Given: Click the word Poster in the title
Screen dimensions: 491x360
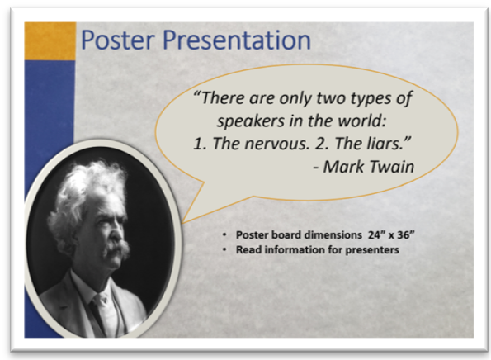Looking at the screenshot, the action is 118,40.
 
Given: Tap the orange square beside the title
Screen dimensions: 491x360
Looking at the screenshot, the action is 50,41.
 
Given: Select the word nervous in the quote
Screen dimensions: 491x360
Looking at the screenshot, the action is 276,144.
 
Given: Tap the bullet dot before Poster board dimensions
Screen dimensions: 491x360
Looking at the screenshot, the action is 224,235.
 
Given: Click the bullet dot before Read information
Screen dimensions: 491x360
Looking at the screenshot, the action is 224,249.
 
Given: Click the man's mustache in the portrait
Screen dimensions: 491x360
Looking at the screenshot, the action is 117,249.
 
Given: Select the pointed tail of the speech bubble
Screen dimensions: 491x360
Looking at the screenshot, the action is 182,222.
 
